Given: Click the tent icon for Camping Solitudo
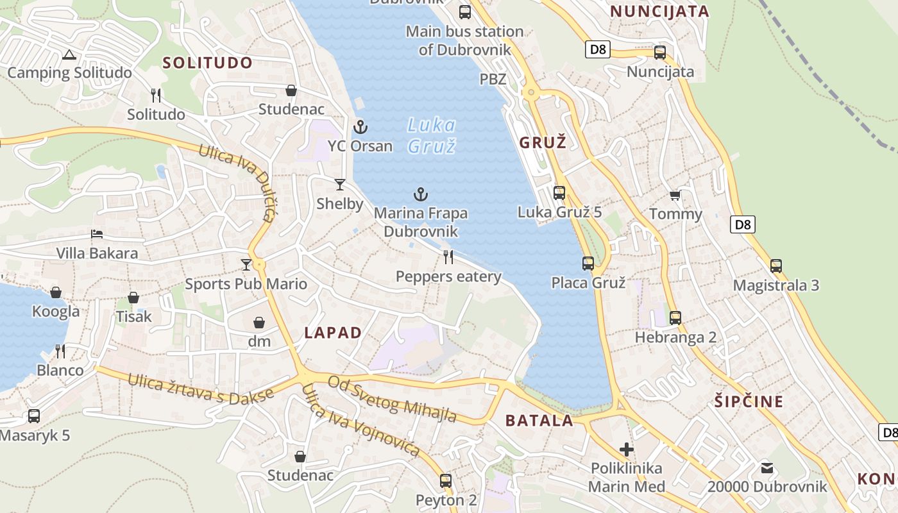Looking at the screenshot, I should click(x=69, y=55).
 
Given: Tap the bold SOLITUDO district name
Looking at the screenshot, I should click(x=207, y=63).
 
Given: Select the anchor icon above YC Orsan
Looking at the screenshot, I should click(x=360, y=127).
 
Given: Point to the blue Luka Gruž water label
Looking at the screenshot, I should click(x=432, y=135).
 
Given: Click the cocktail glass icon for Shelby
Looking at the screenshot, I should click(x=340, y=185).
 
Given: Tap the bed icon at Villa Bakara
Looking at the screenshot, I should click(x=97, y=233).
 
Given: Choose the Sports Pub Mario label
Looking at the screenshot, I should click(x=246, y=284).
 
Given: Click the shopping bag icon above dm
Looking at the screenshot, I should click(x=259, y=322).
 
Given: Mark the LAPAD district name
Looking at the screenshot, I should click(x=333, y=333).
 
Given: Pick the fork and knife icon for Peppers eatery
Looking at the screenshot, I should click(x=448, y=257).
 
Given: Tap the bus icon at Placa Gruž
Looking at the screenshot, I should click(x=588, y=263).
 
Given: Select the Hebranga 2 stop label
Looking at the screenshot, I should click(x=675, y=337).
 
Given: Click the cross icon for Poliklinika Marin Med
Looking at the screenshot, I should click(x=627, y=450).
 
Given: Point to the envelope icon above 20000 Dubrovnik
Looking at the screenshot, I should click(x=767, y=467).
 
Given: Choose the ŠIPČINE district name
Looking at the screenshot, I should click(x=749, y=402).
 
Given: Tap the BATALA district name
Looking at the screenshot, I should click(x=539, y=421).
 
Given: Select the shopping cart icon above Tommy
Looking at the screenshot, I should click(x=675, y=195).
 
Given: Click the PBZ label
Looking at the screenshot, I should click(x=493, y=80).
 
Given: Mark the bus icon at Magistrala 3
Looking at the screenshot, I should click(x=776, y=265).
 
